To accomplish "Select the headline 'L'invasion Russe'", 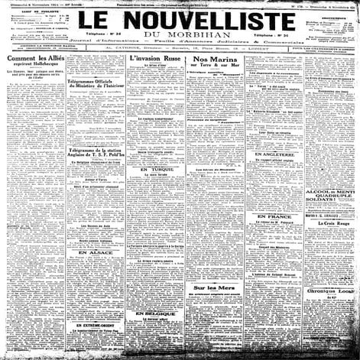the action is click(x=154, y=58).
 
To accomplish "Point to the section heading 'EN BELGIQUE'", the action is click(x=154, y=293).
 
